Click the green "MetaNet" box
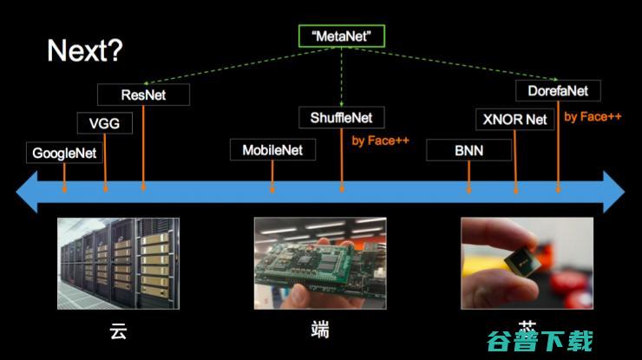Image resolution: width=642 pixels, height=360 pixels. (341, 36)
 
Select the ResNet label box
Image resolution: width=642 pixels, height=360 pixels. (143, 95)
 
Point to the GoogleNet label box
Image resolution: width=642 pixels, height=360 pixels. (65, 154)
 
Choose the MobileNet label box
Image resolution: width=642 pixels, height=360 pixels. (272, 149)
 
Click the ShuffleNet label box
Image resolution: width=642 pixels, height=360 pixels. (341, 117)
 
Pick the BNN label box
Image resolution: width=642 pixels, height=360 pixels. (468, 150)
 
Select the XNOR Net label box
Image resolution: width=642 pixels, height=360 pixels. (515, 119)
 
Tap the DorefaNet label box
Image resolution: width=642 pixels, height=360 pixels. (557, 90)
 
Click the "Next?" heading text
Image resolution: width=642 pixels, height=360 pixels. (85, 51)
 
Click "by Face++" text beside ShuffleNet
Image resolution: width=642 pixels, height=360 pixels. (380, 140)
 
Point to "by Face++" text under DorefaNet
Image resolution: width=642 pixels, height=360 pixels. (593, 116)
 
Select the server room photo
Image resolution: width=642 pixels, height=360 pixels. (118, 263)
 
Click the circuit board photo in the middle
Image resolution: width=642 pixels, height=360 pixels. (319, 263)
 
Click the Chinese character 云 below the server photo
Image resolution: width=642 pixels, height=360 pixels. (119, 331)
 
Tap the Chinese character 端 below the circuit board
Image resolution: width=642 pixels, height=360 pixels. (319, 331)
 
